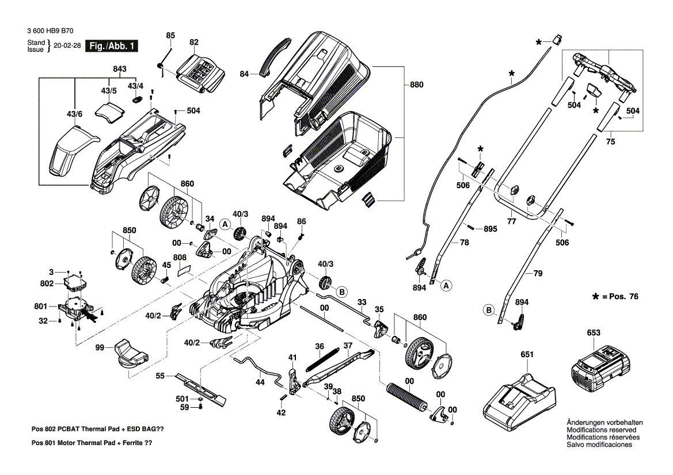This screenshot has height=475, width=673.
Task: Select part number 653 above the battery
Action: click(594, 332)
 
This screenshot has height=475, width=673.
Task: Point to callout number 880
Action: click(416, 85)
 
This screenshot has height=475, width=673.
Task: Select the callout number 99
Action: click(99, 348)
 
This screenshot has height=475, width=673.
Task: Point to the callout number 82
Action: click(193, 42)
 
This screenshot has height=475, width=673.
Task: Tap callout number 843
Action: click(119, 70)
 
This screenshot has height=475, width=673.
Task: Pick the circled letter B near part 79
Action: click(489, 311)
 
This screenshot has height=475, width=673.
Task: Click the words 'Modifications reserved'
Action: click(601, 430)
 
